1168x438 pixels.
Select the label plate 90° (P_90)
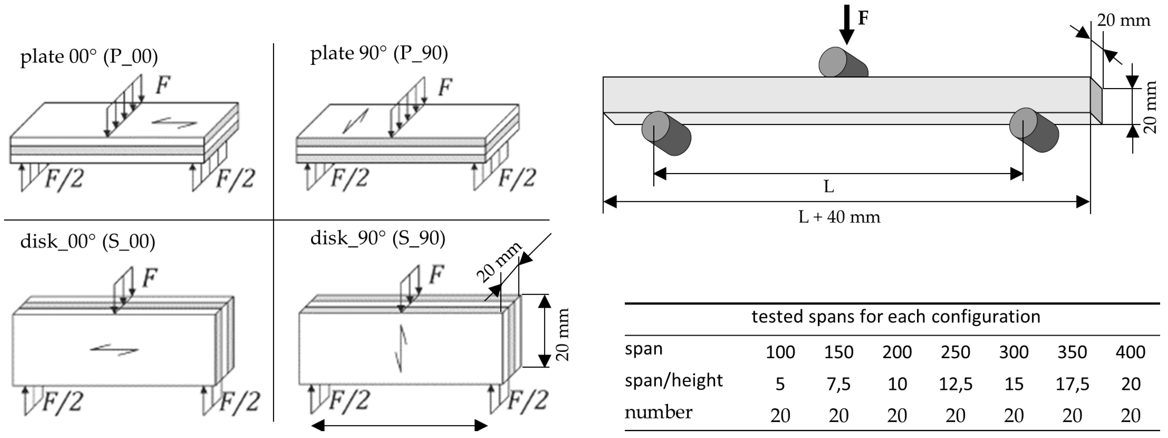[379, 53]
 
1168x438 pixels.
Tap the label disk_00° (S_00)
[87, 241]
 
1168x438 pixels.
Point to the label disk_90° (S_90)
[377, 238]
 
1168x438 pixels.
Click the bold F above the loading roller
[863, 18]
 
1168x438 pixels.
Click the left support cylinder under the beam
[666, 134]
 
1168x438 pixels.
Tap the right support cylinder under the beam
[1034, 130]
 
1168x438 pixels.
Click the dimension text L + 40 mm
[839, 217]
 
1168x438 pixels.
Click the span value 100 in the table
[780, 352]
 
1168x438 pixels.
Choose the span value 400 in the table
[1130, 352]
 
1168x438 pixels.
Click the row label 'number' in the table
[658, 412]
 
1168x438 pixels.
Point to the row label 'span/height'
[673, 380]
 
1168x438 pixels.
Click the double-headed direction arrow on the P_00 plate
[174, 122]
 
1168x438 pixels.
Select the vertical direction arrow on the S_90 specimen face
[401, 348]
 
